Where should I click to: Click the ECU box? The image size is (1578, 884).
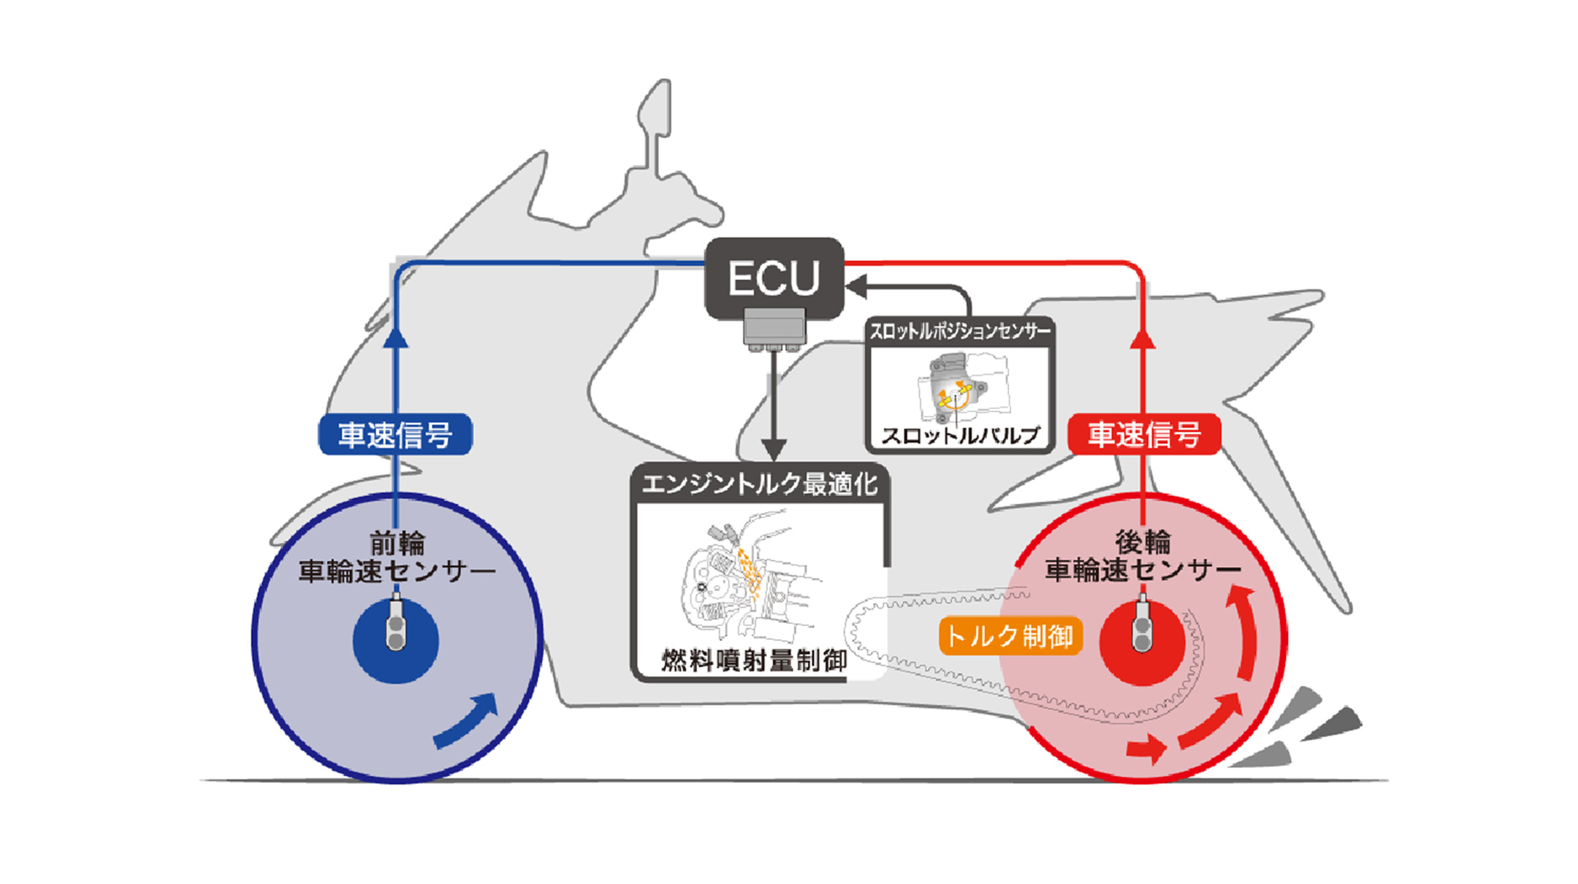point(774,278)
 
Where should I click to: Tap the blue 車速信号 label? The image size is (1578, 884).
point(395,435)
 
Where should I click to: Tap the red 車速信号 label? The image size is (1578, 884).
point(1144,435)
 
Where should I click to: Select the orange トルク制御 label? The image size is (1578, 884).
point(1010,636)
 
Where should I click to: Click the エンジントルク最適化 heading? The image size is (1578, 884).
point(760,484)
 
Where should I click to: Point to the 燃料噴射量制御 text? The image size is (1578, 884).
point(754,660)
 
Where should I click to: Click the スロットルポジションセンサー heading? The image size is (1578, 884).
point(959,332)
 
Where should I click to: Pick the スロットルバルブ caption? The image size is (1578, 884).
point(960,435)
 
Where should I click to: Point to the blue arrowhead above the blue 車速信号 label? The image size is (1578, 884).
point(395,338)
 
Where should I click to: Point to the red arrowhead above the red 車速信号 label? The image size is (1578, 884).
point(1143,339)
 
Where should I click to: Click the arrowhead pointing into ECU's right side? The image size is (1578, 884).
point(856,286)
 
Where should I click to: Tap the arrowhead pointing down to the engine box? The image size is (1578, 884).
point(774,449)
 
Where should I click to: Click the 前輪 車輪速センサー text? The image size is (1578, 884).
point(396,557)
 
